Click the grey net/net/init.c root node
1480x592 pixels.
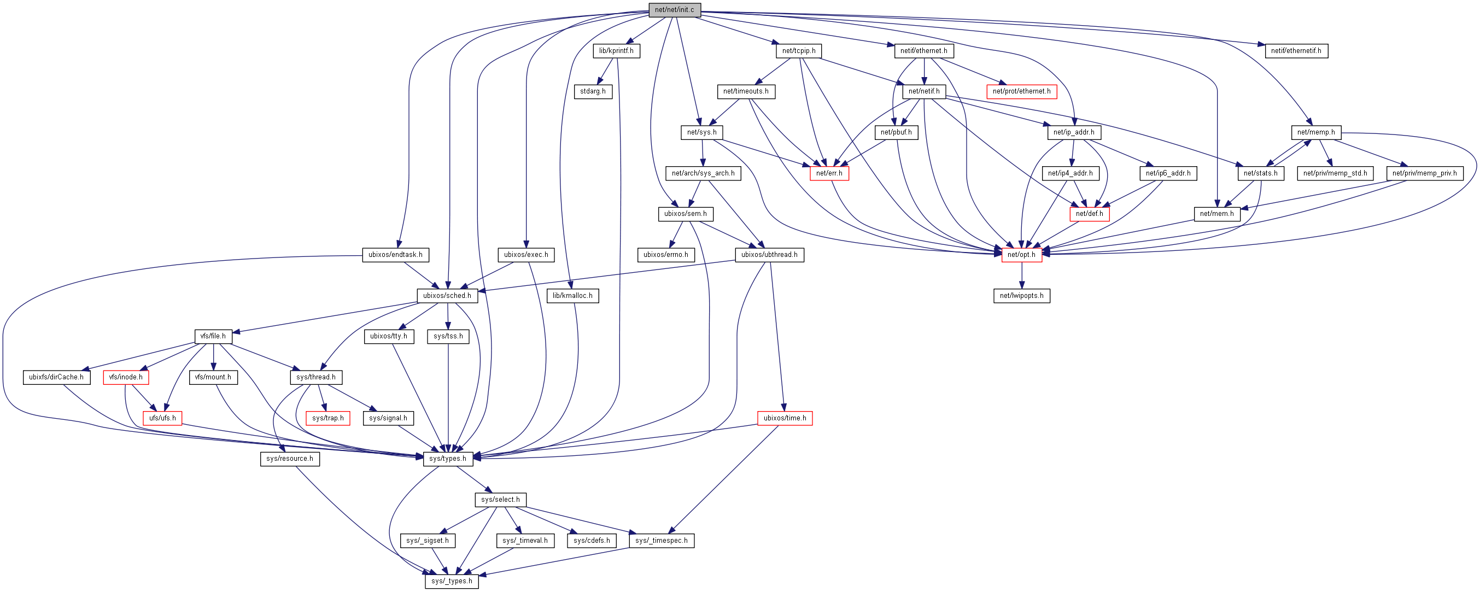coord(675,10)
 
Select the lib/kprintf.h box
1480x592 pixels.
coord(616,50)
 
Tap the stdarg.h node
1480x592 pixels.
coord(593,91)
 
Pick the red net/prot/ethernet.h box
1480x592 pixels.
coord(1021,91)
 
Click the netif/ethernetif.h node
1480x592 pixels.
coord(1296,50)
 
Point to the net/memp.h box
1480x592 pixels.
coord(1315,132)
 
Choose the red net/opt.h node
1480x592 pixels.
coord(1021,254)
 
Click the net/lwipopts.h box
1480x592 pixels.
coord(1021,296)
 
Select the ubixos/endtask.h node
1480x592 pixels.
coord(395,254)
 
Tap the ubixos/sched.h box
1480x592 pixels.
coord(447,296)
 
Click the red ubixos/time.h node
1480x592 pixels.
coord(785,418)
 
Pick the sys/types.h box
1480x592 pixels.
coord(448,459)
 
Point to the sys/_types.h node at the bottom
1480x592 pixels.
coord(452,581)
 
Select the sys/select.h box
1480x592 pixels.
coord(500,500)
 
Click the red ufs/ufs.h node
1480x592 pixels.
coord(162,418)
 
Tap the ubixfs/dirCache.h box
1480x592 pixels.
coord(56,377)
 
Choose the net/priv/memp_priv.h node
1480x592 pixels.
coord(1424,173)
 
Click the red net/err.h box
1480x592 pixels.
coord(829,173)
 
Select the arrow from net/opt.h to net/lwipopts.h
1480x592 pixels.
coord(1021,276)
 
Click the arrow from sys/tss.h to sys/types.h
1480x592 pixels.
coord(448,396)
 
